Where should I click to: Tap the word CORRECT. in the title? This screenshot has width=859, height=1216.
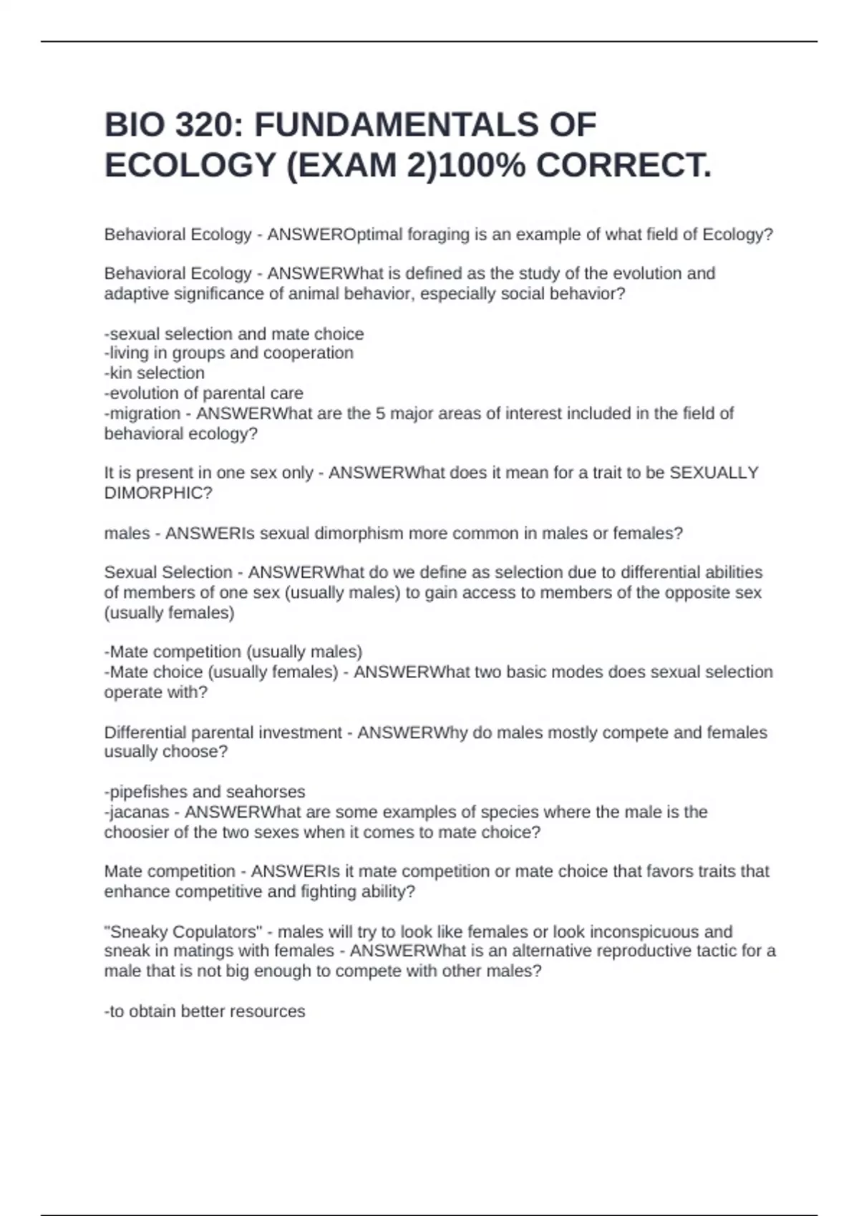coord(623,166)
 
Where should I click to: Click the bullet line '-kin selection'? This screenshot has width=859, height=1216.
coord(155,373)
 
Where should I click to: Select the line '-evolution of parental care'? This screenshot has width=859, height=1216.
coord(204,393)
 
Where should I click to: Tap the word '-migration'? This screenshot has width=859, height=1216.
coord(142,413)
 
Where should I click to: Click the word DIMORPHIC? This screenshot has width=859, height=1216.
coord(158,493)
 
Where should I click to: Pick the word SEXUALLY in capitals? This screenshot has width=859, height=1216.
coord(713,473)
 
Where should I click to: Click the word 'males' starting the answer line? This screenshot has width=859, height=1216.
coord(127,534)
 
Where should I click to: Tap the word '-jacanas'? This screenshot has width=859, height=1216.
coord(137,812)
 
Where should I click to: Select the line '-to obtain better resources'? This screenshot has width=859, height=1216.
coord(205,1011)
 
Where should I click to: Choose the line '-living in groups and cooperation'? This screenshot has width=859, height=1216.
coord(229,353)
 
